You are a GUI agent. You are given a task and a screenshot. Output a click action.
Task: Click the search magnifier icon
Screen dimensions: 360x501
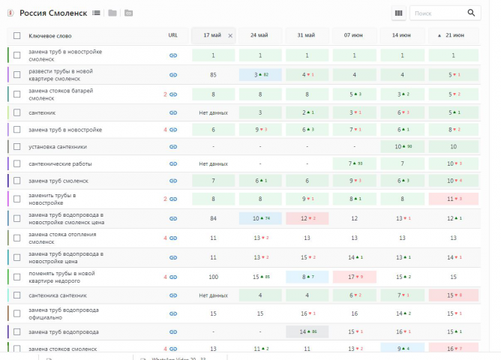471,13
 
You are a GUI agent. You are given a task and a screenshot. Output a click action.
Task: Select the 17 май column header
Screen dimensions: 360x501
211,35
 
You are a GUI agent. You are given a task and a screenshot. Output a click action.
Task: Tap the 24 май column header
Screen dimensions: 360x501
259,35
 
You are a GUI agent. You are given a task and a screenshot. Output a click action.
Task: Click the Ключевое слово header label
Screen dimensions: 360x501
50,35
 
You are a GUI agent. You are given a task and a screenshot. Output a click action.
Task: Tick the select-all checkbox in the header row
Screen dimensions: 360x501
16,35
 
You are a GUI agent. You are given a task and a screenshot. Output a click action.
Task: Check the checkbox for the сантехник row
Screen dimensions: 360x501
16,112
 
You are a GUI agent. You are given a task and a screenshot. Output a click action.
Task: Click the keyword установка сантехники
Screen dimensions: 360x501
58,146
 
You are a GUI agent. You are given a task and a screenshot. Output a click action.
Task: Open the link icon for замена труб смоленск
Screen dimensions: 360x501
173,181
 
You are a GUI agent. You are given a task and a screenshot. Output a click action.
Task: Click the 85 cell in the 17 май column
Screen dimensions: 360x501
213,74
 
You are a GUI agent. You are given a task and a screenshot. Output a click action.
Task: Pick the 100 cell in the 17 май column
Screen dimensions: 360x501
213,277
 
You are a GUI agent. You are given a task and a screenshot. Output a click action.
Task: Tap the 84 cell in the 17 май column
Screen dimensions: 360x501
213,218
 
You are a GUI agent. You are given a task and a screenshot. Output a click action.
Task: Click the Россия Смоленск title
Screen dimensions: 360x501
52,13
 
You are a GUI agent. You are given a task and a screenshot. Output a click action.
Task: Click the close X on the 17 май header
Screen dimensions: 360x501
230,35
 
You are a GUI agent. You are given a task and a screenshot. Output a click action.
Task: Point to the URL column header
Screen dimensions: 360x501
173,35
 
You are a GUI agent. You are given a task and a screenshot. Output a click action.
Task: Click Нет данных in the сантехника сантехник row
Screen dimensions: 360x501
213,295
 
